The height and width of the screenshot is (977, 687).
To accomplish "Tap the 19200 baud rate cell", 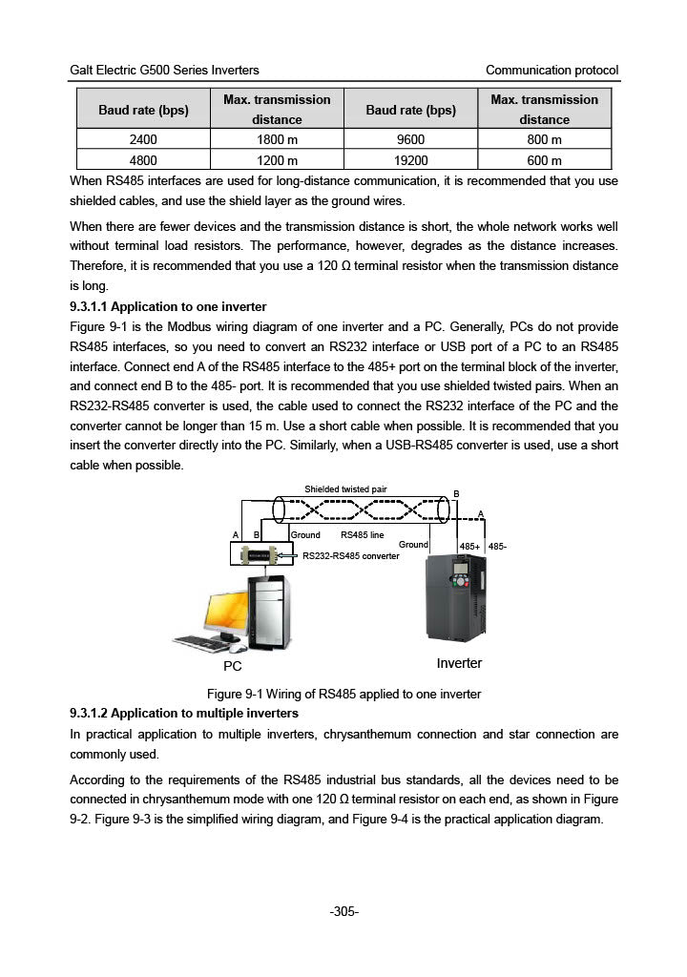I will click(410, 160).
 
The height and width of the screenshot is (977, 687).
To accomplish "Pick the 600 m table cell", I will click(544, 160).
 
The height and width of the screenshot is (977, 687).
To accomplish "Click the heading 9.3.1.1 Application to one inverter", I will click(168, 307).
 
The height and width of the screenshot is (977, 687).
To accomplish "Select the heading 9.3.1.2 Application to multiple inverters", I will click(184, 714).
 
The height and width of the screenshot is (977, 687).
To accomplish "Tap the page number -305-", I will click(343, 912).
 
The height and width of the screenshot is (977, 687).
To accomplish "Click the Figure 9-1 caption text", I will click(343, 694).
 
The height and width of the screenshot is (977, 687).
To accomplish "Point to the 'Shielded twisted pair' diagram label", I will click(345, 489).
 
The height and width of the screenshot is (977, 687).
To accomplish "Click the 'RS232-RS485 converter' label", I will click(350, 556).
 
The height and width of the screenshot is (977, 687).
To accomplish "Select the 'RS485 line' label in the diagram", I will click(362, 535).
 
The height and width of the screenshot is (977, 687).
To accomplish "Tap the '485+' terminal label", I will click(469, 547).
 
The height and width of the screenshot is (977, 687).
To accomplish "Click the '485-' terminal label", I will click(497, 547).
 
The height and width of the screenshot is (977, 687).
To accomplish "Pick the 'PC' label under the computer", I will click(233, 665).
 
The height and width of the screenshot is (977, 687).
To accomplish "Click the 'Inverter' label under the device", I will click(459, 663).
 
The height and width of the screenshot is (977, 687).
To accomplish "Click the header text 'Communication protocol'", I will click(552, 71).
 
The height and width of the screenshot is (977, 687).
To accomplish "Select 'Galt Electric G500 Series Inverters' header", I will click(164, 71).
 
